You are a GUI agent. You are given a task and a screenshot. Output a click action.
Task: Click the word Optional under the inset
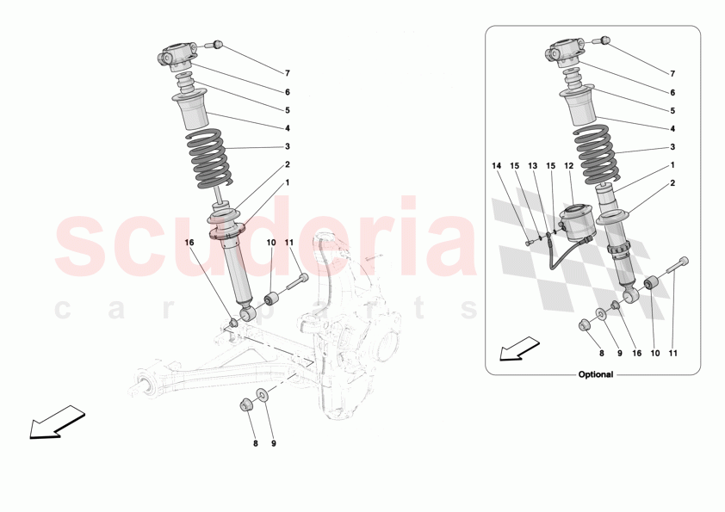[x=595, y=375]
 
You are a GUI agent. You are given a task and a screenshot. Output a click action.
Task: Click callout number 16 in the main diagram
[x=189, y=244]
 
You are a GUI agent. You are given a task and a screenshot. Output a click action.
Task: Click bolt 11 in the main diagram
[x=295, y=280]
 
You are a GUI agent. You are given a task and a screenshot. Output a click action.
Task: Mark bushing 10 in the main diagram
[x=270, y=301]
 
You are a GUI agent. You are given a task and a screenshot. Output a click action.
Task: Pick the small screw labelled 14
[x=528, y=244]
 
